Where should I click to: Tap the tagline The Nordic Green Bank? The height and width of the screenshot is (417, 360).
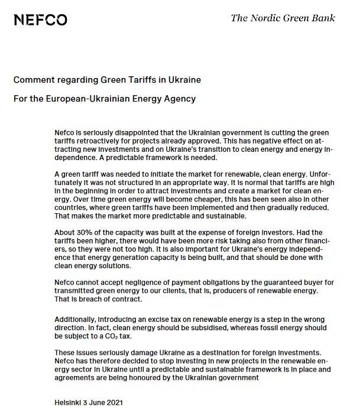(x=283, y=18)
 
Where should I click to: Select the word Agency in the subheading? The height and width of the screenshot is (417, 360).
(x=180, y=98)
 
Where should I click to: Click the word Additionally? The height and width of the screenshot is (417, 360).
(x=74, y=319)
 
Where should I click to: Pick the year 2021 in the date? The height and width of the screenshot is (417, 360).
(x=115, y=403)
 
